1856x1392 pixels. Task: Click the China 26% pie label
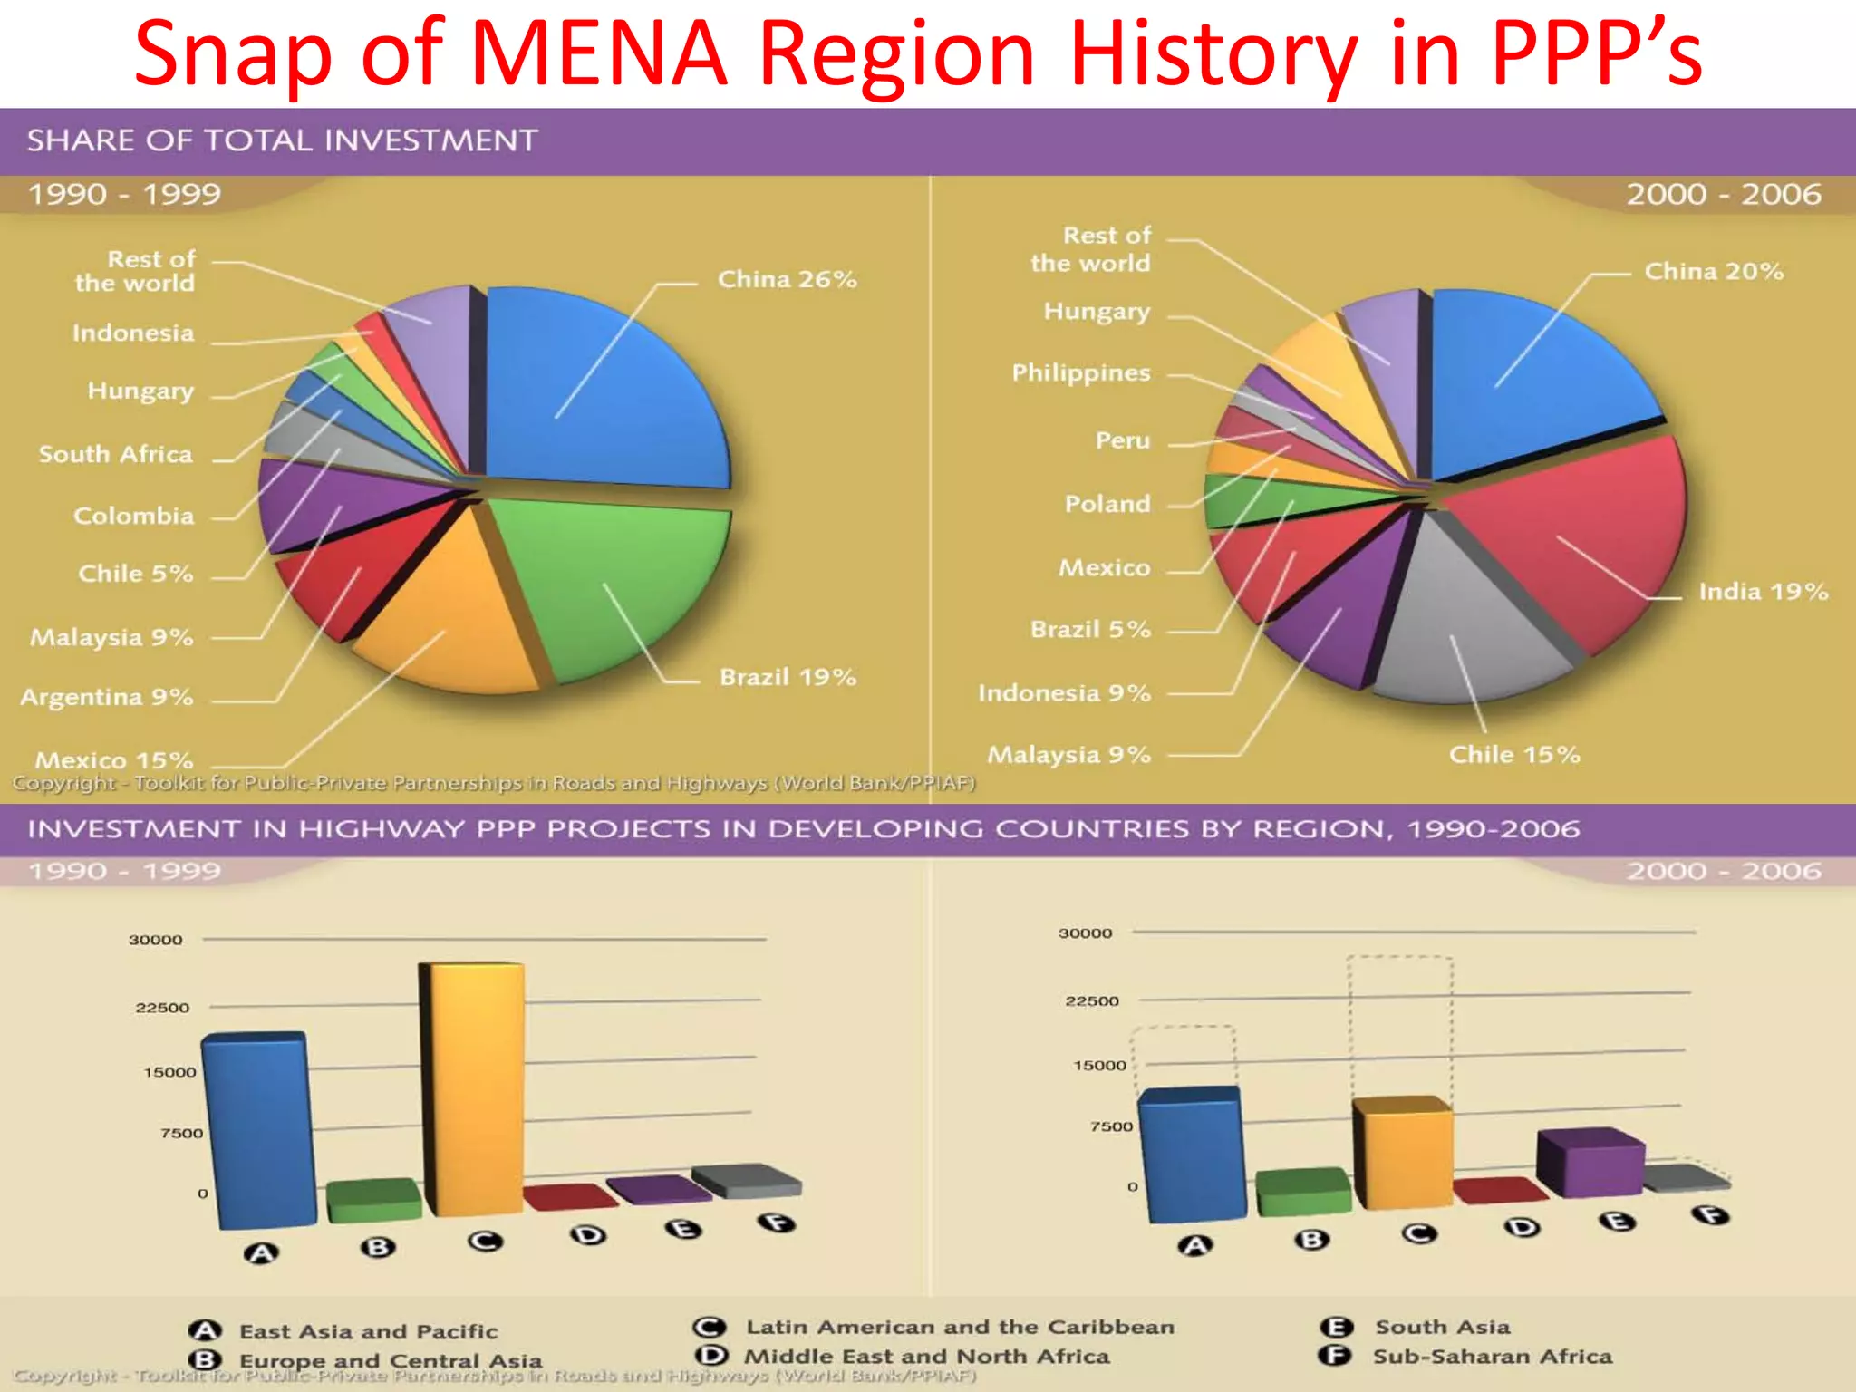[787, 279]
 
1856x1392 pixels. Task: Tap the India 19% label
[1763, 592]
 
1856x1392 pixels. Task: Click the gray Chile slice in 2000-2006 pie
[1468, 625]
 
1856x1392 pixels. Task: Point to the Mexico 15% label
[113, 759]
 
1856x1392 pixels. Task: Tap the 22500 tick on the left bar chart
[162, 1008]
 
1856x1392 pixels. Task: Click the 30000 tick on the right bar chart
[1085, 933]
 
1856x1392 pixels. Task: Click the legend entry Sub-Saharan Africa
[1491, 1356]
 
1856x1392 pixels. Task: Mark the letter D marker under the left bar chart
[589, 1235]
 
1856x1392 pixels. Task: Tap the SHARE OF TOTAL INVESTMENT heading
[283, 140]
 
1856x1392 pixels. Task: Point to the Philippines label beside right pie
[1080, 372]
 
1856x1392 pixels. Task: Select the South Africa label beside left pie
[115, 454]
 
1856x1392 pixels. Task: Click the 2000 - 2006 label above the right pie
[1723, 194]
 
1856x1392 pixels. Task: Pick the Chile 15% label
[1513, 754]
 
